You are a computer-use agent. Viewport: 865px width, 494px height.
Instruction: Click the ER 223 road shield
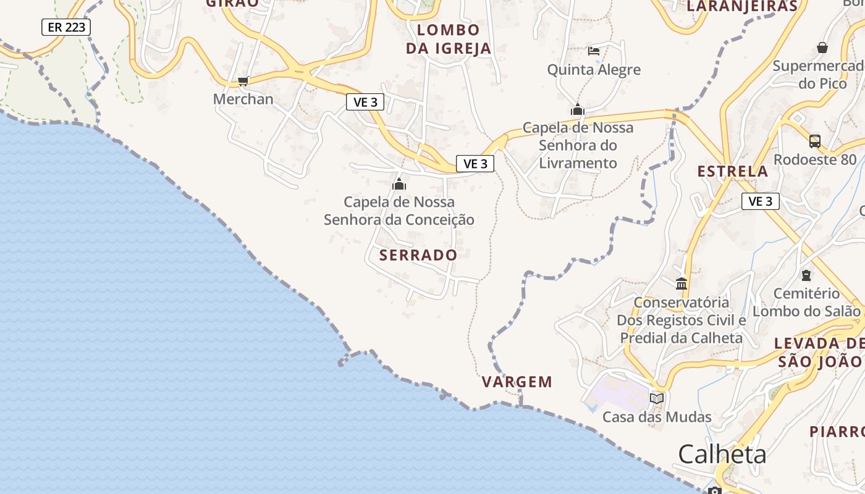pyautogui.click(x=66, y=27)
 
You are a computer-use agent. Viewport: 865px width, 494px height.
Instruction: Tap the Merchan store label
pyautogui.click(x=243, y=99)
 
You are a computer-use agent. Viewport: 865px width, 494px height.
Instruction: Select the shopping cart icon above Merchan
pyautogui.click(x=243, y=81)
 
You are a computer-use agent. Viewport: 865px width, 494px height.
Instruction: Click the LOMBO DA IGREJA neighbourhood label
pyautogui.click(x=449, y=39)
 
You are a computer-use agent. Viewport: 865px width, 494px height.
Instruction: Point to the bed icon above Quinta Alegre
pyautogui.click(x=594, y=51)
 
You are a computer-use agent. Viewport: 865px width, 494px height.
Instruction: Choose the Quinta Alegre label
pyautogui.click(x=594, y=70)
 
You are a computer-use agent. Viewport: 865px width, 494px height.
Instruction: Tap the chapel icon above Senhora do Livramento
pyautogui.click(x=578, y=110)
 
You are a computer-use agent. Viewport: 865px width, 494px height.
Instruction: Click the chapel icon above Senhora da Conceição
pyautogui.click(x=399, y=184)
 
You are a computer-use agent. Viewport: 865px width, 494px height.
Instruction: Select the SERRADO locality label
pyautogui.click(x=418, y=255)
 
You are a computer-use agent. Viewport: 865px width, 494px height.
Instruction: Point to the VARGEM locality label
pyautogui.click(x=517, y=382)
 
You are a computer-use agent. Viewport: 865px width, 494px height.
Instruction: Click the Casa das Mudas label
pyautogui.click(x=657, y=417)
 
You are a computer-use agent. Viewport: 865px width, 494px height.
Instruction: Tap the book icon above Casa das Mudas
pyautogui.click(x=657, y=398)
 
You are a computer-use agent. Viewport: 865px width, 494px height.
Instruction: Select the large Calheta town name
pyautogui.click(x=722, y=454)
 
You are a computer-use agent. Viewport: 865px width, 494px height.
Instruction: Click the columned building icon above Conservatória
pyautogui.click(x=681, y=283)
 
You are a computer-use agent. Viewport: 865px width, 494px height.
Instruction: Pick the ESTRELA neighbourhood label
pyautogui.click(x=733, y=171)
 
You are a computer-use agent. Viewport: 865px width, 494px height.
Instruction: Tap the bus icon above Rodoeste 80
pyautogui.click(x=815, y=141)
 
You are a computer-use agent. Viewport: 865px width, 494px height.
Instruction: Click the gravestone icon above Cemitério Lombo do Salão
pyautogui.click(x=806, y=275)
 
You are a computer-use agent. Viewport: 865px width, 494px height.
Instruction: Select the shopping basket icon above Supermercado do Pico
pyautogui.click(x=822, y=48)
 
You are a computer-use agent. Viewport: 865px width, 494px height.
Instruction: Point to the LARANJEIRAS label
pyautogui.click(x=742, y=6)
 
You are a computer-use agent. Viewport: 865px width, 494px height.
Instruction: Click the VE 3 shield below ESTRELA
pyautogui.click(x=760, y=201)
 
